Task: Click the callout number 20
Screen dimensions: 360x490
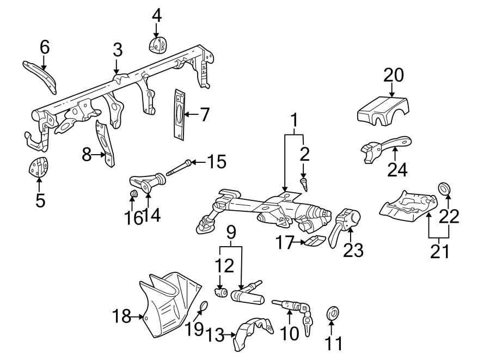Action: tap(394, 75)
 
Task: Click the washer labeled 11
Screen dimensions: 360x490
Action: tap(332, 313)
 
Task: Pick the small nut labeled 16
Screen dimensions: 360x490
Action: tap(132, 195)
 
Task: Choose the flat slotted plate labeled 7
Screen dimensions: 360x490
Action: tap(179, 114)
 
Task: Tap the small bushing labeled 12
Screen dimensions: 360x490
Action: tap(221, 294)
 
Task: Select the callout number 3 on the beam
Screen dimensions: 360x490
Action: tap(118, 51)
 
